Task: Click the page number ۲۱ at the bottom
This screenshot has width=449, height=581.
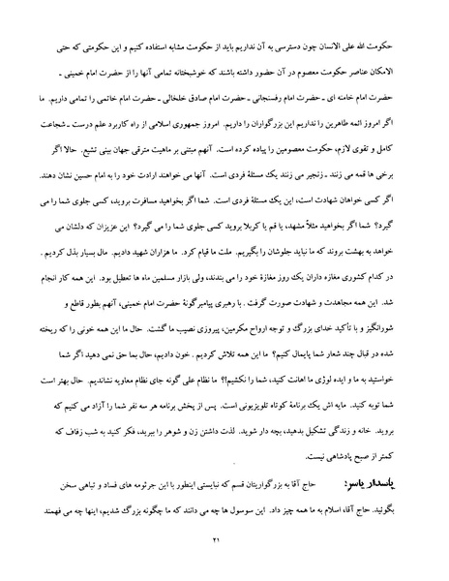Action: (224, 537)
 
